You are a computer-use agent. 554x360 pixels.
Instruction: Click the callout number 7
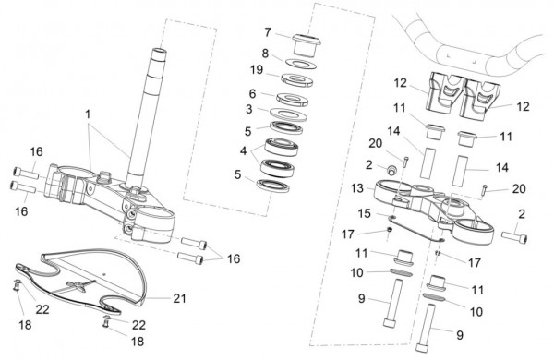(x=268, y=32)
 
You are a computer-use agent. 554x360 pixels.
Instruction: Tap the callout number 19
(x=257, y=70)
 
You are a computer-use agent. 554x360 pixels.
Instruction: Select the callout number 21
(x=179, y=298)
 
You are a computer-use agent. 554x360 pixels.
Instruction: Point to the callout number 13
(x=357, y=188)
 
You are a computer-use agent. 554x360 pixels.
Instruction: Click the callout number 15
(x=365, y=213)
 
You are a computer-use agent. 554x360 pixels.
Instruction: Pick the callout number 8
(x=265, y=54)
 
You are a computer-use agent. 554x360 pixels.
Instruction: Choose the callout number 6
(x=252, y=93)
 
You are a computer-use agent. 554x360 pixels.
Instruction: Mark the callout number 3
(x=249, y=109)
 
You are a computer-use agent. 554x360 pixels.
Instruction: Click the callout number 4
(x=243, y=150)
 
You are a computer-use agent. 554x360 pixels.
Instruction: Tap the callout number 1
(x=88, y=114)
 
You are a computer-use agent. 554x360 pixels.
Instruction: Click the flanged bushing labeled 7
(x=306, y=44)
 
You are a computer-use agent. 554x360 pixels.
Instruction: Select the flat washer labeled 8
(x=300, y=64)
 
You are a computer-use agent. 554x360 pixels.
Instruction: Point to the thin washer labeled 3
(x=288, y=114)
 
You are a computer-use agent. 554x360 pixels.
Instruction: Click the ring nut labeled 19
(x=297, y=79)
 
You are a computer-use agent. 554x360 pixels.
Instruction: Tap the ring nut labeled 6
(x=293, y=99)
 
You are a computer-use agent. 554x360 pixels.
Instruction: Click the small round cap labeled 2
(x=391, y=170)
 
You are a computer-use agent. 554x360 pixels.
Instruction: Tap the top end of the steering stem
(x=159, y=52)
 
